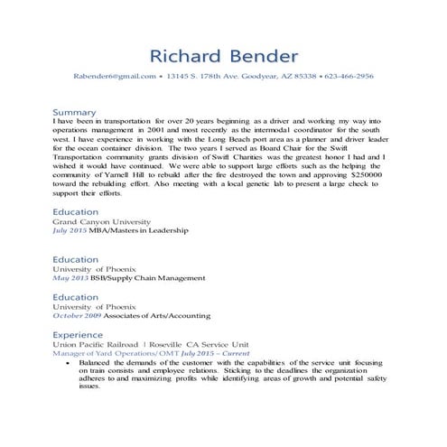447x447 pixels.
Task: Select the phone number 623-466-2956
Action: (x=349, y=77)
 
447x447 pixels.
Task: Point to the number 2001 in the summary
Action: (x=169, y=131)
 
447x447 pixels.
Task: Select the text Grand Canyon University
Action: (x=101, y=220)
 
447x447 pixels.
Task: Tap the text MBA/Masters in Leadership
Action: (x=144, y=231)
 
